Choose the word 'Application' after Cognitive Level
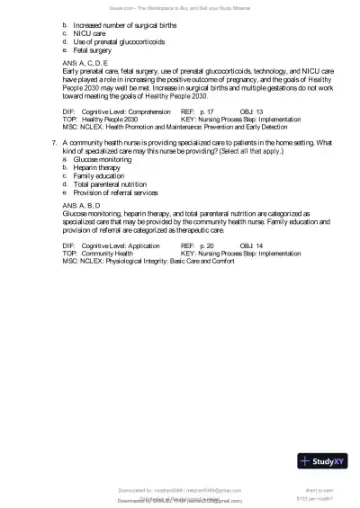coord(144,245)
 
